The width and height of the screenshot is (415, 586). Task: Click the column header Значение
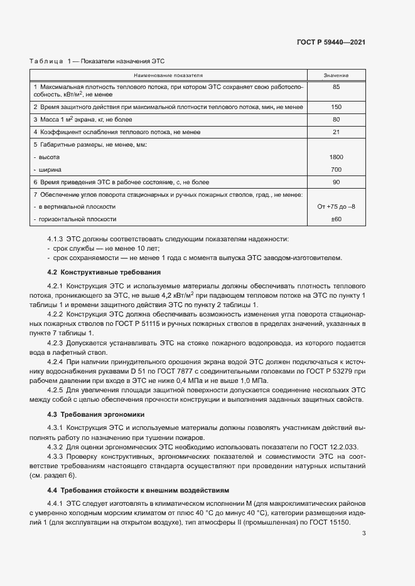coord(336,75)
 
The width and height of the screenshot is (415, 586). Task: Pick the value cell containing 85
coord(336,86)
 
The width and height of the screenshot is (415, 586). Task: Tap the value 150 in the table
coord(336,107)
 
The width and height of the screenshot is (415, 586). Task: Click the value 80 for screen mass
coord(336,119)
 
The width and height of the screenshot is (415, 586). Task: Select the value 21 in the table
coord(336,132)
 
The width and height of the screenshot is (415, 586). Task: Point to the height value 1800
coord(336,157)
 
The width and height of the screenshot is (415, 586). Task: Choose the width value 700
coord(336,169)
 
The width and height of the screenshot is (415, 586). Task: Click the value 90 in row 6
coord(336,182)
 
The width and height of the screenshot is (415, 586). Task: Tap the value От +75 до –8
coord(336,207)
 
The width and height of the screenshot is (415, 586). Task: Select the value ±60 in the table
coord(336,219)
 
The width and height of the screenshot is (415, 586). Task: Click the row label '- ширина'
coord(47,169)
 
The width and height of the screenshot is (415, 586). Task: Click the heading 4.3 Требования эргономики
coord(95,414)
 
